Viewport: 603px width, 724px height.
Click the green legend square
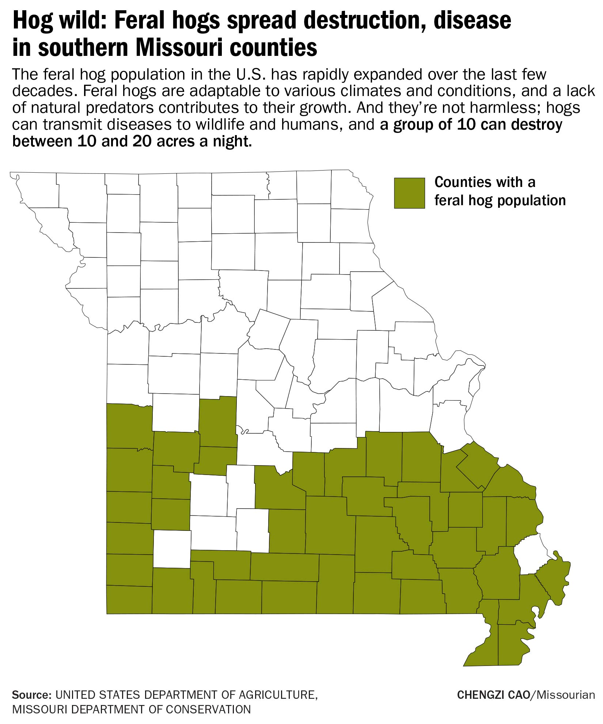tap(409, 193)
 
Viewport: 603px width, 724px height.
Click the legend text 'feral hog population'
tap(500, 200)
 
